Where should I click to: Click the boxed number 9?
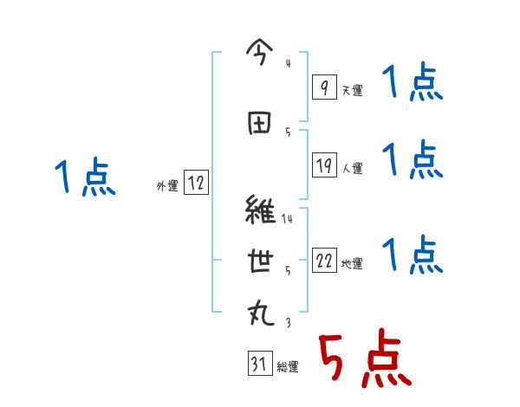click(323, 87)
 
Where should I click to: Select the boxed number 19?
click(323, 165)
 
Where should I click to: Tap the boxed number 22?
click(323, 262)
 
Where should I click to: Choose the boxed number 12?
click(196, 183)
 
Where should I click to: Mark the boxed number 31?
click(259, 365)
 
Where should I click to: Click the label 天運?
click(353, 90)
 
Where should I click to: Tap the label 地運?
click(353, 264)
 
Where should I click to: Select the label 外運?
click(166, 186)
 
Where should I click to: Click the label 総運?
click(288, 367)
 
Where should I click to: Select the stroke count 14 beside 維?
click(287, 219)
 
